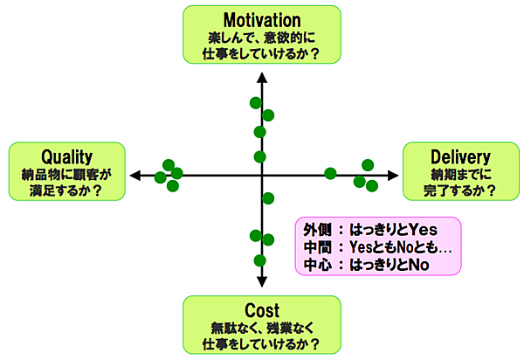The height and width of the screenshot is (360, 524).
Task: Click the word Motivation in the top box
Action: coord(262,20)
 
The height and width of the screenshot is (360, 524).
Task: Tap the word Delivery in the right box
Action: coord(460,156)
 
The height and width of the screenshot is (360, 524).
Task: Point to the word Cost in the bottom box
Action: coord(262,311)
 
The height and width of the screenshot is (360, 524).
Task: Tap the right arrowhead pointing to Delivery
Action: coord(391,175)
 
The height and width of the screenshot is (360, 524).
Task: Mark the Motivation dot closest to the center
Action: coord(259,156)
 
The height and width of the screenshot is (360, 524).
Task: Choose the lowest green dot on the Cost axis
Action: coord(259,260)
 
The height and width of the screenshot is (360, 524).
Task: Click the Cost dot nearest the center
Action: coord(268,197)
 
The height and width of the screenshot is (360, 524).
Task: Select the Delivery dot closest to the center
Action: coord(330,173)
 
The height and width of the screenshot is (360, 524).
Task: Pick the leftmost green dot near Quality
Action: coord(160,177)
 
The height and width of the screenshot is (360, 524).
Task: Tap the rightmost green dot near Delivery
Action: coord(372,184)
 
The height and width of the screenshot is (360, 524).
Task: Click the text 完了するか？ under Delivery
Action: coord(460,189)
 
